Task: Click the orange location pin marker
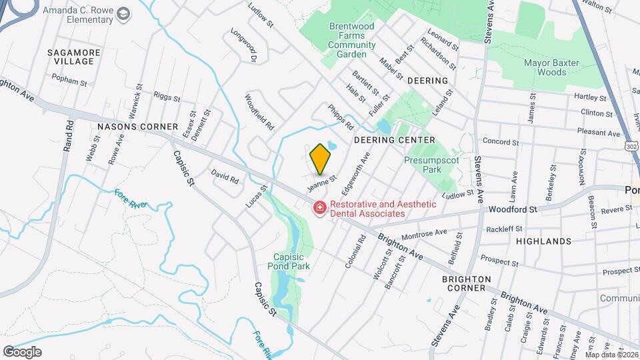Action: [321, 159]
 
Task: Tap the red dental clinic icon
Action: [319, 209]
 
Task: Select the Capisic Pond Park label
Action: [292, 261]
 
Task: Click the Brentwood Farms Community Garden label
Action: [347, 40]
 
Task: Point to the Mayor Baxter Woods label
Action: [551, 67]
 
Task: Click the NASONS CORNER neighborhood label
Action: [137, 127]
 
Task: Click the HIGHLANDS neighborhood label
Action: [543, 241]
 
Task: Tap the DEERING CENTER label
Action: [394, 140]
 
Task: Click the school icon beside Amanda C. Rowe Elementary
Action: [123, 13]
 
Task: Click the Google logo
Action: [22, 351]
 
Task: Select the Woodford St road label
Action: [512, 209]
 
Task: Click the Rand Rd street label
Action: [68, 136]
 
